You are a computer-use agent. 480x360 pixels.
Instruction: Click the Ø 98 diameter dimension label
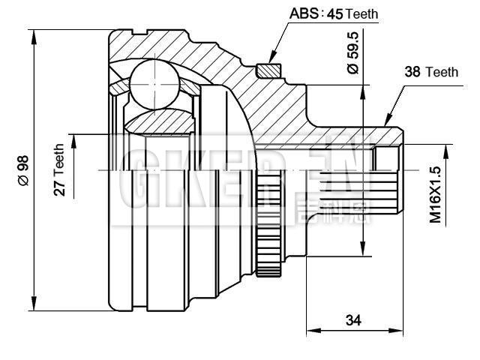click(x=22, y=172)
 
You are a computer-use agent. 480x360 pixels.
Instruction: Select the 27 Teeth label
click(x=59, y=170)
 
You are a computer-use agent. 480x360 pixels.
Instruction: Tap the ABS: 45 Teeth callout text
click(x=334, y=13)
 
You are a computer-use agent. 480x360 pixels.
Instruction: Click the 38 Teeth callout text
click(x=430, y=72)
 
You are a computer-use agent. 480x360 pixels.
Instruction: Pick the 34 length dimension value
click(x=352, y=320)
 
